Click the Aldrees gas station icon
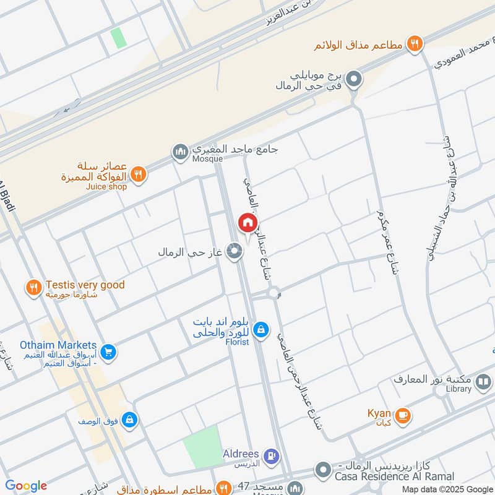pyautogui.click(x=270, y=457)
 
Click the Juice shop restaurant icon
pyautogui.click(x=139, y=174)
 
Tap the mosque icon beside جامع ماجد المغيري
pyautogui.click(x=180, y=151)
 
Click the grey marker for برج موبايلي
pyautogui.click(x=354, y=79)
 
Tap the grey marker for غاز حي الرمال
pyautogui.click(x=234, y=251)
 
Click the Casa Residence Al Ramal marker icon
pyautogui.click(x=322, y=470)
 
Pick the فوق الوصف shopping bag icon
pyautogui.click(x=129, y=420)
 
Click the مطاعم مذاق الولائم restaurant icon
pyautogui.click(x=414, y=44)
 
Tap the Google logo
pyautogui.click(x=26, y=486)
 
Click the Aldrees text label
pyautogui.click(x=240, y=454)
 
